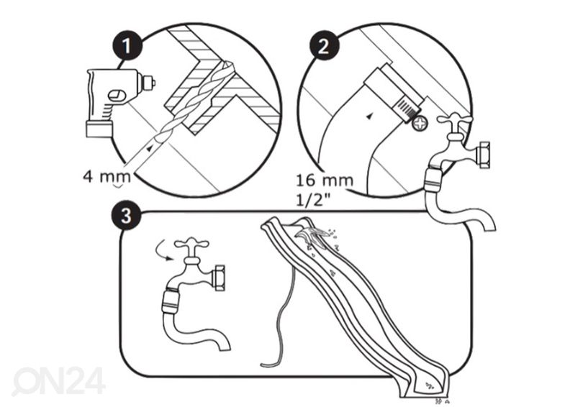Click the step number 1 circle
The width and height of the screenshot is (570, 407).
click(x=127, y=46)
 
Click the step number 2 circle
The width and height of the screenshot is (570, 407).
click(x=324, y=46)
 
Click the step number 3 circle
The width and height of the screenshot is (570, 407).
click(x=126, y=216)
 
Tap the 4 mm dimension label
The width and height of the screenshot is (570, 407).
click(x=107, y=177)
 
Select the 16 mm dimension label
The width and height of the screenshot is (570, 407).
click(x=325, y=180)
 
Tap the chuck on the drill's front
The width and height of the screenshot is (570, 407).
click(x=147, y=83)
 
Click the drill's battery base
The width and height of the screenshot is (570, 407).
click(x=99, y=129)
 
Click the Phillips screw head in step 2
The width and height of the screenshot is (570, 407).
click(x=420, y=123)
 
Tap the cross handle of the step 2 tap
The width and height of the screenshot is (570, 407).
click(x=455, y=120)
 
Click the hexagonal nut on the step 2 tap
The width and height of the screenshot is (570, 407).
click(x=484, y=155)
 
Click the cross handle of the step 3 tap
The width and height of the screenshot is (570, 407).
click(x=191, y=244)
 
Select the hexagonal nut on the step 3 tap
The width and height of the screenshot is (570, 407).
click(x=220, y=278)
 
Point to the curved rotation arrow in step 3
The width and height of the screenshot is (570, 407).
click(x=160, y=251)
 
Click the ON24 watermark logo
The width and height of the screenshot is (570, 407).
click(x=58, y=381)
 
